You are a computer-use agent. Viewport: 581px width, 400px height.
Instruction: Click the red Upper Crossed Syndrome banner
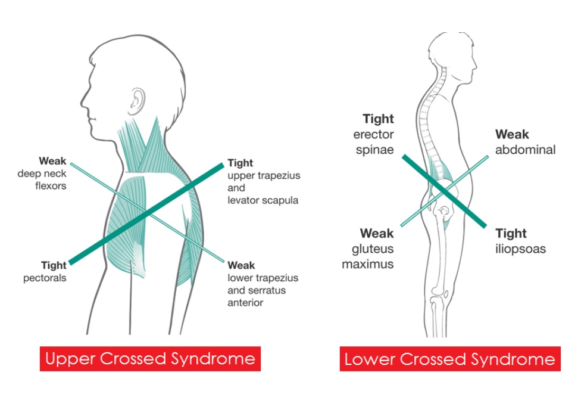[x=150, y=358]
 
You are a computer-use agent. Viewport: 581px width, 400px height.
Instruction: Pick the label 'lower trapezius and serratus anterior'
[x=263, y=290]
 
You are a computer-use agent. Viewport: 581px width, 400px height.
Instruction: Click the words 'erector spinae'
[x=373, y=142]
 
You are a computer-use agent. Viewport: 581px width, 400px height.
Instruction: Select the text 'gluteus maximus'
[x=368, y=256]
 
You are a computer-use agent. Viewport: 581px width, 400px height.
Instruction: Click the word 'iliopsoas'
[x=520, y=249]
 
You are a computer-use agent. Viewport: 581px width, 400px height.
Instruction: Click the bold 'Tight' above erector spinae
[x=378, y=119]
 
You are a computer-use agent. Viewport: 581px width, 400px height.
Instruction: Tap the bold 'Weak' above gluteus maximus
[x=376, y=233]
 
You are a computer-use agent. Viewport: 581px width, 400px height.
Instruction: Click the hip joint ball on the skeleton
[x=443, y=210]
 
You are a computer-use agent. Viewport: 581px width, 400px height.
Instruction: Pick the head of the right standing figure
[x=448, y=57]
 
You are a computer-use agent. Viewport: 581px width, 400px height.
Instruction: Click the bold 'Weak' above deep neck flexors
[x=52, y=161]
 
